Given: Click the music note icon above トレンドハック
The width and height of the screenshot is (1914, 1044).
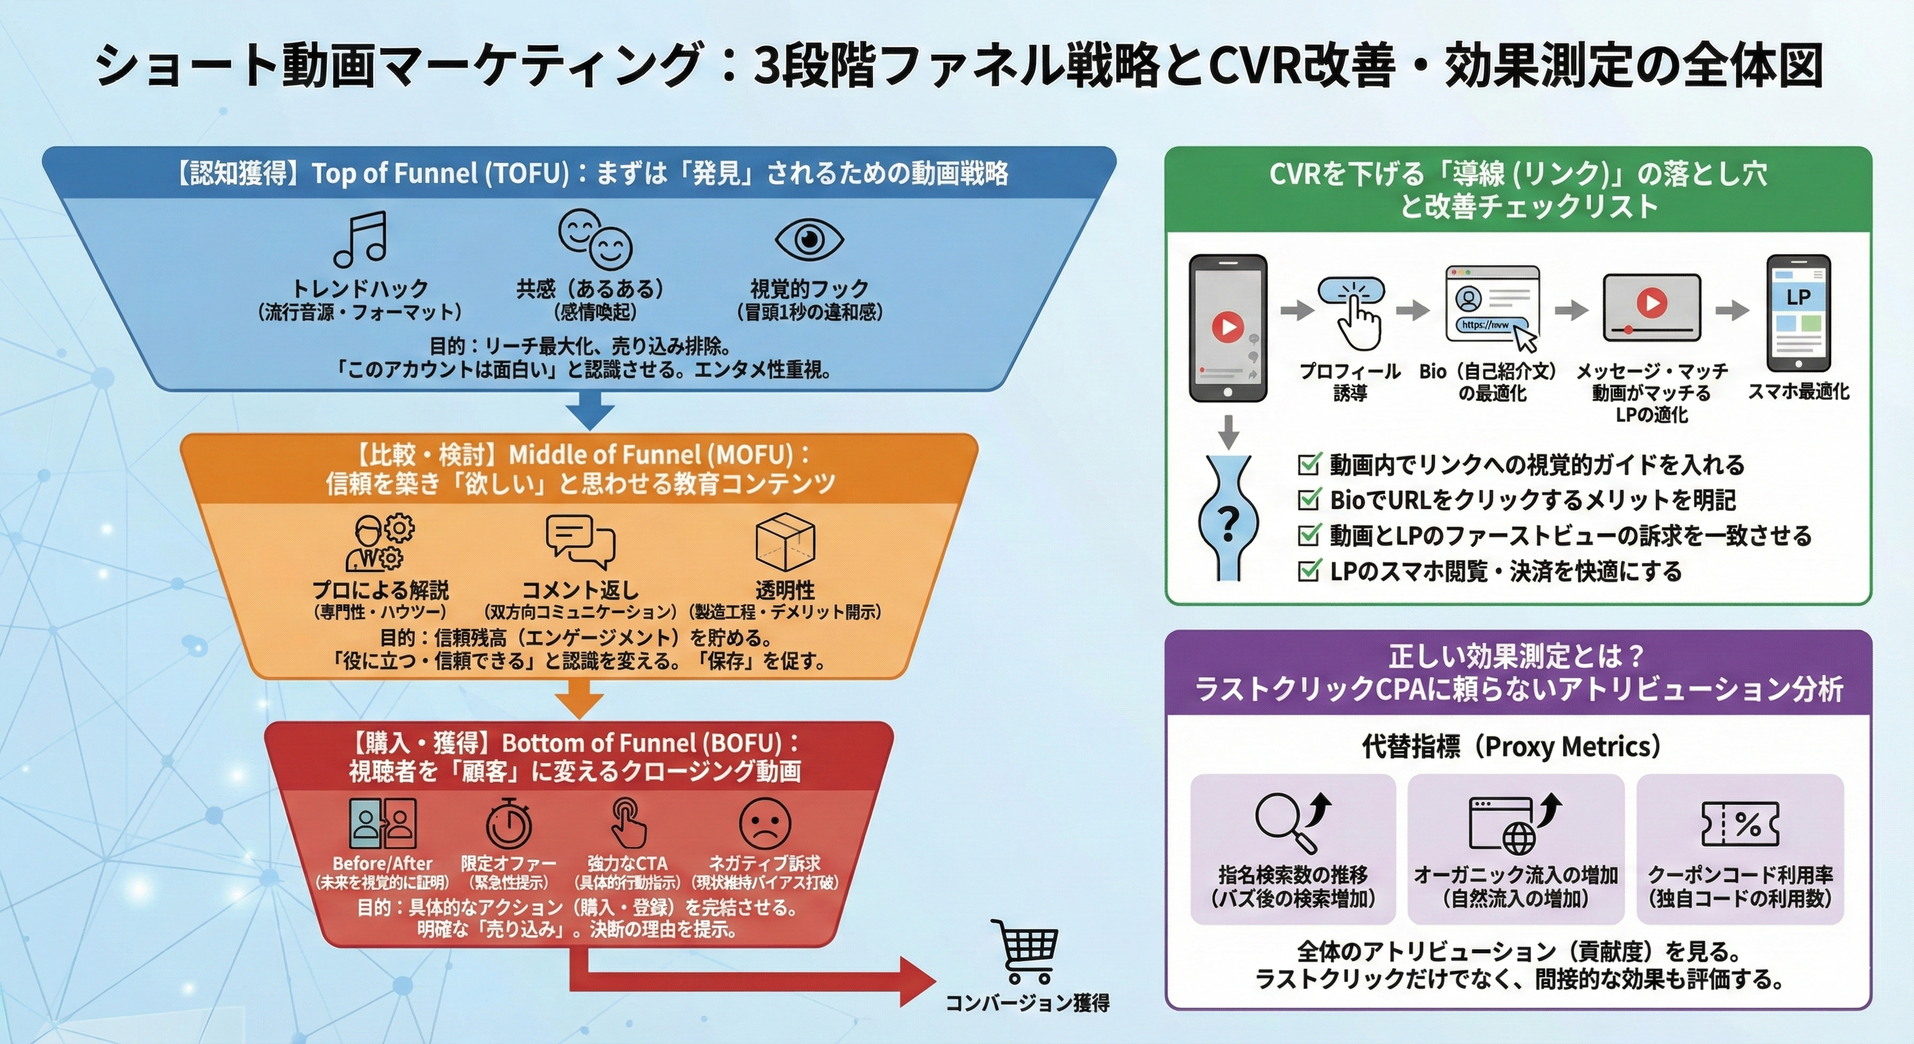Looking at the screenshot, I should pyautogui.click(x=361, y=239).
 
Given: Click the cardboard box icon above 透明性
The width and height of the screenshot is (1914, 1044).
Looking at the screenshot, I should pyautogui.click(x=784, y=542).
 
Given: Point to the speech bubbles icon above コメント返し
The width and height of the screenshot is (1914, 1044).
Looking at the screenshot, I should pyautogui.click(x=580, y=542).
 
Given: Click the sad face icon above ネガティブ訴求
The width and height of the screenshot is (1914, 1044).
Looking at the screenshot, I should pyautogui.click(x=765, y=823).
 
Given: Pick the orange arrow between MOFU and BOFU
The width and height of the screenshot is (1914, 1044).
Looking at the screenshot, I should pyautogui.click(x=580, y=699).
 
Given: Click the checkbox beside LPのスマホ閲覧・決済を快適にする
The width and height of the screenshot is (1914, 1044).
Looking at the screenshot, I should pyautogui.click(x=1308, y=571).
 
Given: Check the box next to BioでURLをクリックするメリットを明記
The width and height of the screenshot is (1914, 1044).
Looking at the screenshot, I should pyautogui.click(x=1308, y=500).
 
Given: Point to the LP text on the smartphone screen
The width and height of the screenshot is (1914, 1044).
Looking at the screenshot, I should pyautogui.click(x=1798, y=297).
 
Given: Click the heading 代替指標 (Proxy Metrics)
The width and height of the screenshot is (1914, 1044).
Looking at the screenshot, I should pyautogui.click(x=1510, y=746).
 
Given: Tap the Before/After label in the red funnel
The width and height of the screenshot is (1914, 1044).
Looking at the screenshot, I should pyautogui.click(x=382, y=863).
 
